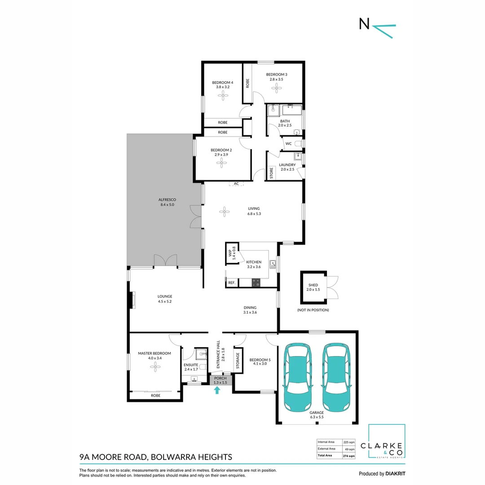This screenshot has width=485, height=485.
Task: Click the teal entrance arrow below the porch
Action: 217,390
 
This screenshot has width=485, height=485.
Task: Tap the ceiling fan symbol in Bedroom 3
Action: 277,88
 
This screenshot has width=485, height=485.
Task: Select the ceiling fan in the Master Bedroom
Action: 155,367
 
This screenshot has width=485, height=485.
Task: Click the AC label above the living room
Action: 236,184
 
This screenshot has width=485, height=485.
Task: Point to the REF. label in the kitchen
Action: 232,283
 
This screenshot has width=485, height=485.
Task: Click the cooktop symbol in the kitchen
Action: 256,282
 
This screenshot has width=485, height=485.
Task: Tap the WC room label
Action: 288,144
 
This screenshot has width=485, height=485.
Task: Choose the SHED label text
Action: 313,285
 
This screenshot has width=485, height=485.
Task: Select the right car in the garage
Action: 336,377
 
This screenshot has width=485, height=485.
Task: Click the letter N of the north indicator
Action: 364,24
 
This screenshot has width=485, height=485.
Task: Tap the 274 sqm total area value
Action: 349,456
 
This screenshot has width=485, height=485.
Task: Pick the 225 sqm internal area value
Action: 349,442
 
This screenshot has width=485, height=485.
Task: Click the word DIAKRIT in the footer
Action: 395,474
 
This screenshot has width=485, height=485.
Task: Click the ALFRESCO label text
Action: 167,200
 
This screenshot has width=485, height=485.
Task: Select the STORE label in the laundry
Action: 271,173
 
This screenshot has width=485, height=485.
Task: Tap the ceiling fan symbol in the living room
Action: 224,212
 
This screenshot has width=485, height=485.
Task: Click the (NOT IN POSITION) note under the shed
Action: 313,310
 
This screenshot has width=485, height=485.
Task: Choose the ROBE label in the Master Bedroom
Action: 155,396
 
